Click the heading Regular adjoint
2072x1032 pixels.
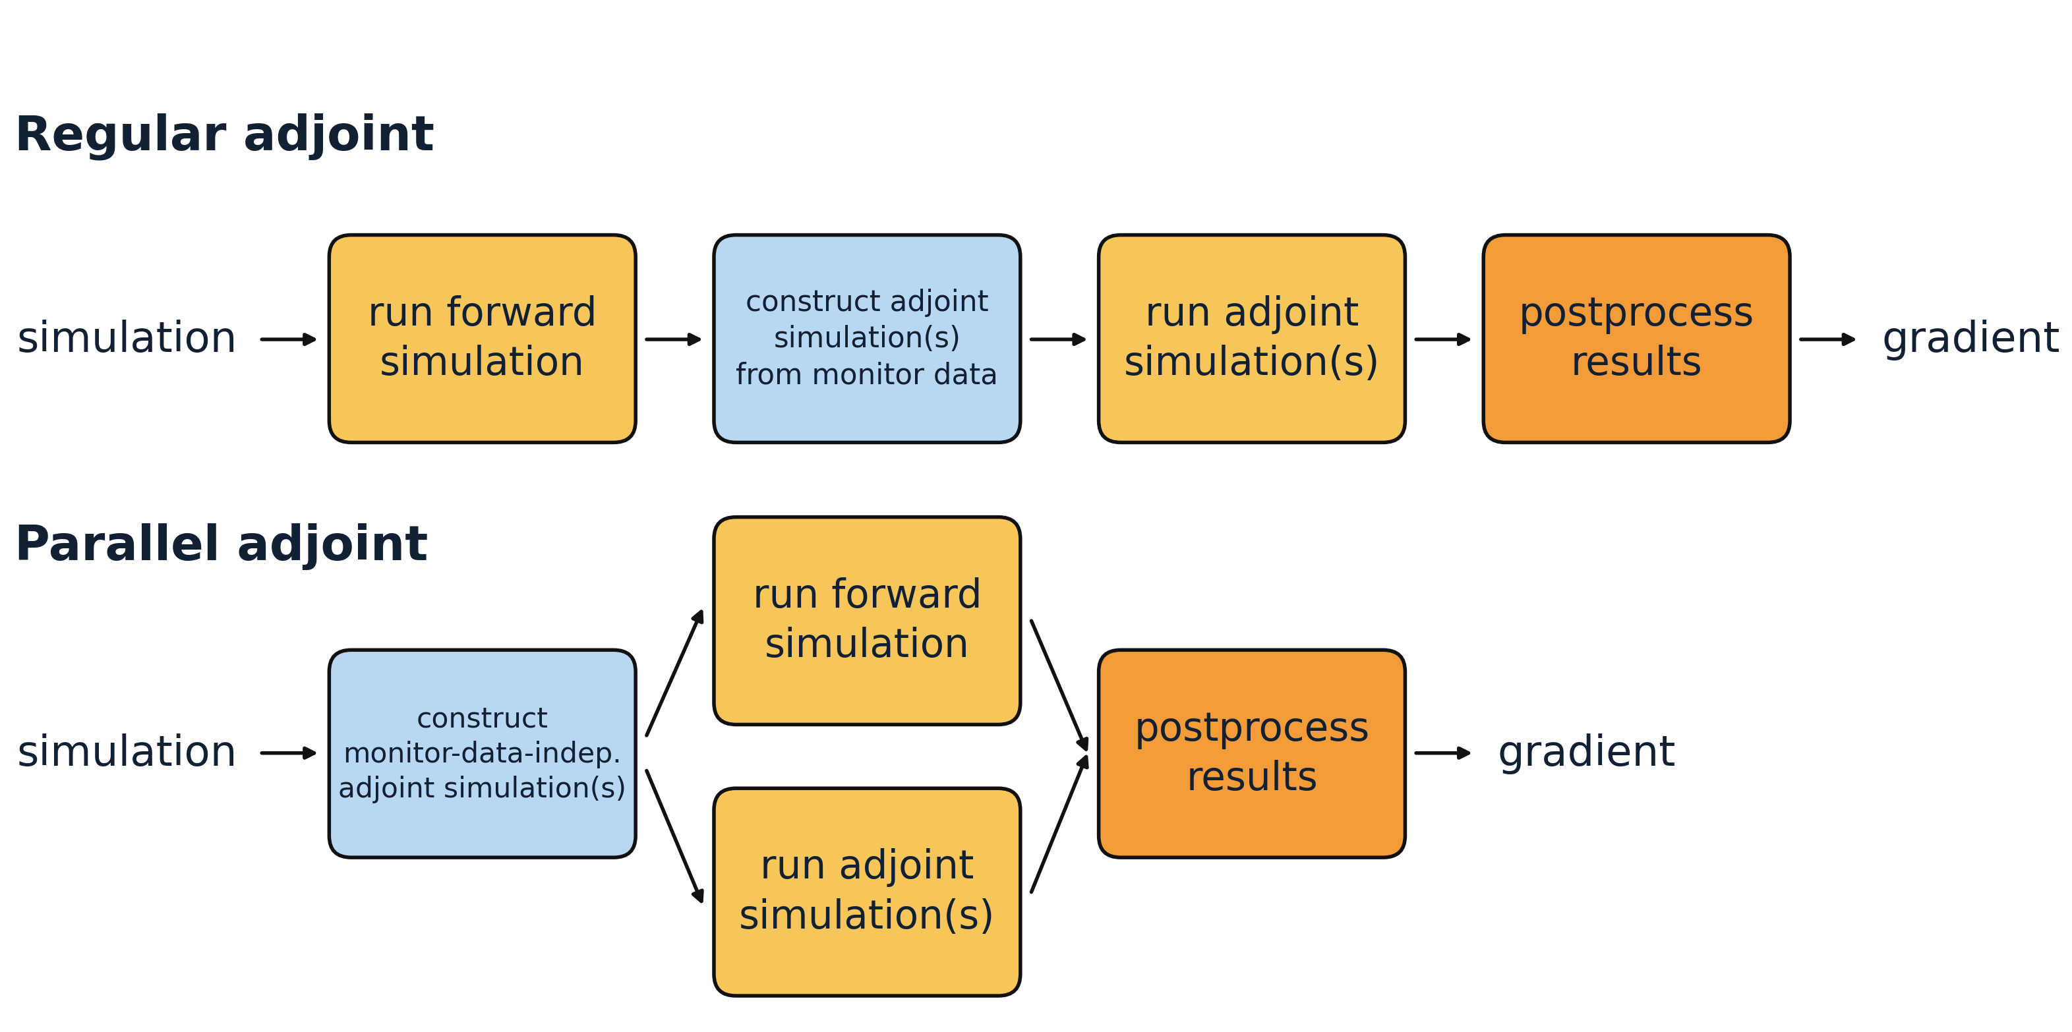coord(224,134)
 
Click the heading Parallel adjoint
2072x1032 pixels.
coord(222,544)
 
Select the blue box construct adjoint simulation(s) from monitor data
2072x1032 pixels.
coord(866,339)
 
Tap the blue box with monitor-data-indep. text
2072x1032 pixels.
coord(482,754)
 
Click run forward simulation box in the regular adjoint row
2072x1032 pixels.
coord(482,339)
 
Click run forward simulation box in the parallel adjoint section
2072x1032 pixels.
coord(866,620)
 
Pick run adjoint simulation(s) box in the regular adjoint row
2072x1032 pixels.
coord(1251,339)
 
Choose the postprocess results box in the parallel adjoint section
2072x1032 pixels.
coord(1251,754)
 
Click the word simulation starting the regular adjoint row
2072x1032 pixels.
coord(127,339)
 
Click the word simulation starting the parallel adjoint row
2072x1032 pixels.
coord(127,752)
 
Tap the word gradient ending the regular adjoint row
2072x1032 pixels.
coord(1970,339)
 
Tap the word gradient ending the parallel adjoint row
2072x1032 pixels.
coord(1585,752)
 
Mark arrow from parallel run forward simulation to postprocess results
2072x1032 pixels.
coord(1059,685)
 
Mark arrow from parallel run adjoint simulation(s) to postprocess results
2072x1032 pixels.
coord(1059,824)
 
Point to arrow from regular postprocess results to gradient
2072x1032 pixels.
coord(1827,339)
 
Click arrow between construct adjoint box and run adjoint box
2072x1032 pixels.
coord(1057,339)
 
